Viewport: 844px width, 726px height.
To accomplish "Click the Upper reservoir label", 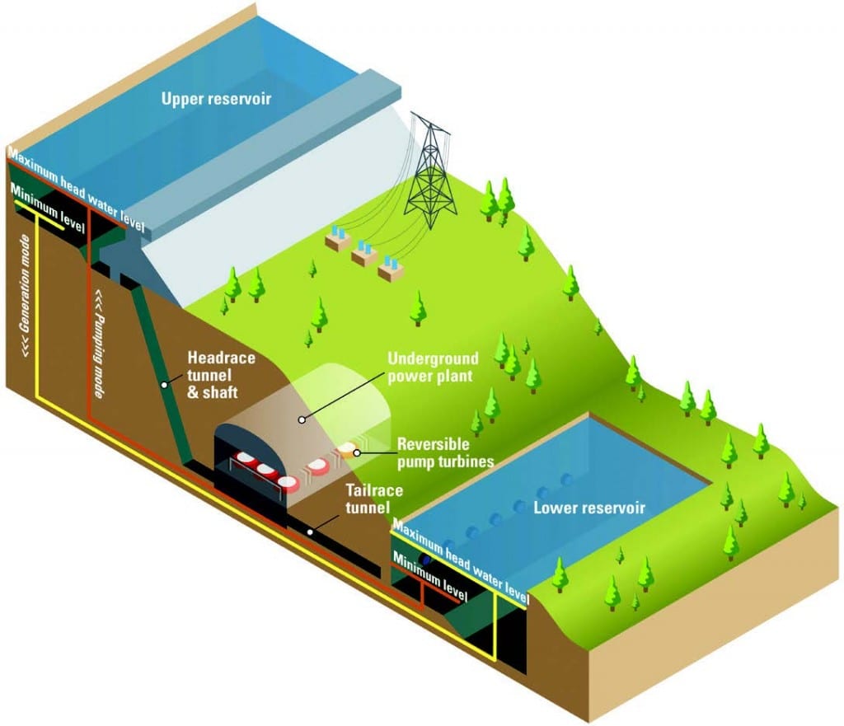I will click(x=216, y=100).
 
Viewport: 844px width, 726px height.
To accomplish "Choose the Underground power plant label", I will click(x=432, y=368).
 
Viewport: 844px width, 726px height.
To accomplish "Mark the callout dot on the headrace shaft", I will click(x=165, y=383).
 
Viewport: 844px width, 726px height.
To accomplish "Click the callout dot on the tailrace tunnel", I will click(x=311, y=532).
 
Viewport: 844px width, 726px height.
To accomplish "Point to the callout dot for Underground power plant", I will click(x=302, y=419).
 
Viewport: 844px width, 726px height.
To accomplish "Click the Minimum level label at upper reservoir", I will click(x=48, y=207).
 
